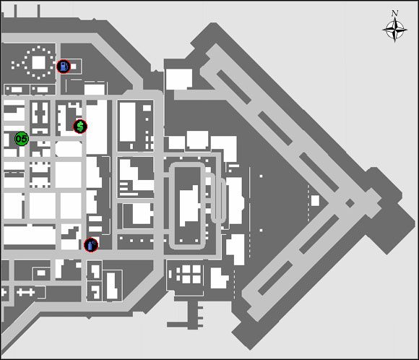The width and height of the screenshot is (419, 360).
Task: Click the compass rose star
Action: [394, 30]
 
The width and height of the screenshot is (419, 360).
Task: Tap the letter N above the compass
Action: [394, 13]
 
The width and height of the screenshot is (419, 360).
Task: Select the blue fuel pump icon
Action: [64, 67]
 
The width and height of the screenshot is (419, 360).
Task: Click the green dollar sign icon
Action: [80, 127]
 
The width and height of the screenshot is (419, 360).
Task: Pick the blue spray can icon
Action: [91, 245]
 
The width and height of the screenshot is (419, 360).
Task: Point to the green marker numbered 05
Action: [22, 139]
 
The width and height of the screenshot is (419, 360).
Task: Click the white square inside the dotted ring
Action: [38, 63]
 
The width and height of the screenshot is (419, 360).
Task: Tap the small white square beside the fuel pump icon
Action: [73, 67]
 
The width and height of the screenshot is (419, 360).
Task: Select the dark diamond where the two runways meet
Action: [350, 203]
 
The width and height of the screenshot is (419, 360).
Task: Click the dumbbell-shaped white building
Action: [26, 292]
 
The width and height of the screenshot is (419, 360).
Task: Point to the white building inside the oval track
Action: [190, 206]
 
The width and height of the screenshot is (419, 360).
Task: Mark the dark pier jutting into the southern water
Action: [193, 314]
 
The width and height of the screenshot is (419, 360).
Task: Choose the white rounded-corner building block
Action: [69, 149]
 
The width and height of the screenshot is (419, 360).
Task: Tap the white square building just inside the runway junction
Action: [315, 200]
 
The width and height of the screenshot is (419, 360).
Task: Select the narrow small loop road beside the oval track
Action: [218, 199]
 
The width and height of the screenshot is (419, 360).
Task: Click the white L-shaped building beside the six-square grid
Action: [219, 278]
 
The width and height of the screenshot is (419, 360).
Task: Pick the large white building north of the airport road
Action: [179, 80]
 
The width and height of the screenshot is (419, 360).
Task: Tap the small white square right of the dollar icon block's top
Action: [147, 108]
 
